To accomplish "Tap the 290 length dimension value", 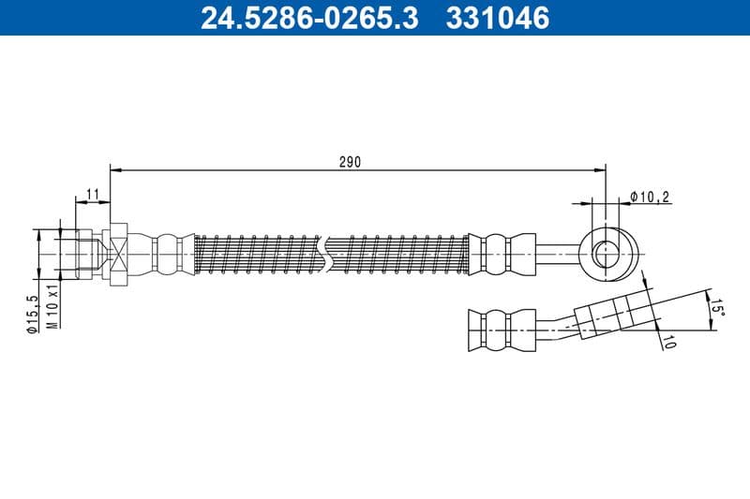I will (349, 161).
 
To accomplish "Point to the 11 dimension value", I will (92, 194).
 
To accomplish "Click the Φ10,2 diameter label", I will (649, 197).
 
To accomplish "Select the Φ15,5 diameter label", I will (32, 313).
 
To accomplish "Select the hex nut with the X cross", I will (118, 253).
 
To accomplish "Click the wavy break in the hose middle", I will (324, 254).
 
